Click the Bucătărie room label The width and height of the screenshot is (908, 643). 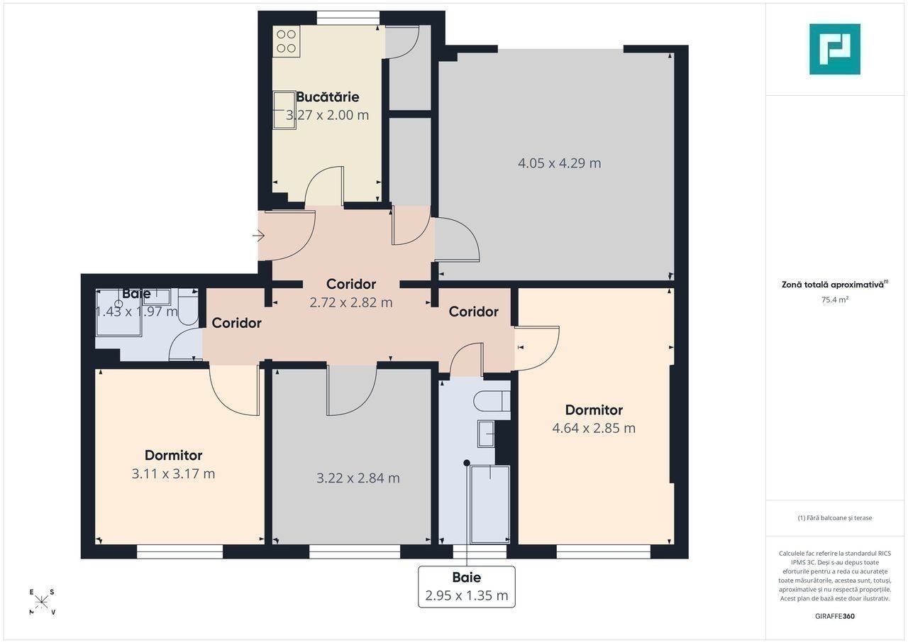(328, 97)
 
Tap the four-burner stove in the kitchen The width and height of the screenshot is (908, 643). (286, 41)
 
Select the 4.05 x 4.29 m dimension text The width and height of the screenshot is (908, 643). (560, 163)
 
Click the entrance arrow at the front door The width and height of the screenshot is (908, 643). (258, 236)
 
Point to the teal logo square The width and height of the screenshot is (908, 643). (835, 49)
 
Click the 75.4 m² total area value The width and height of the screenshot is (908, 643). (835, 299)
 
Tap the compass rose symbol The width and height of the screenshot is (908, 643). (42, 602)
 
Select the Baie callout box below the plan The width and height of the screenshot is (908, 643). (467, 587)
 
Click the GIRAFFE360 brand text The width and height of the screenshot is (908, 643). (835, 616)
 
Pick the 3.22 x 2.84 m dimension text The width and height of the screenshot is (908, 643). (358, 478)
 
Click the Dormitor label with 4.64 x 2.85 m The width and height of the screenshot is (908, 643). (594, 410)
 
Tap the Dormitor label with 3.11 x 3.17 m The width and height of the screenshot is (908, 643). (174, 456)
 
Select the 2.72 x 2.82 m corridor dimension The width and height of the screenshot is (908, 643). (351, 302)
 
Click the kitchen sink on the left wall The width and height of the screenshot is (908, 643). (284, 110)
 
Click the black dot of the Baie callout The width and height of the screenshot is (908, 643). (467, 463)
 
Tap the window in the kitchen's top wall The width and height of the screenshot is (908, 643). (348, 18)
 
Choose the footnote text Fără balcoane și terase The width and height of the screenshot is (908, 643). (835, 517)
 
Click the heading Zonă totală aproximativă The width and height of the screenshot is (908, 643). (833, 285)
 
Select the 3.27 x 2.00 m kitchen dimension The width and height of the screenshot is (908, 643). (328, 115)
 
